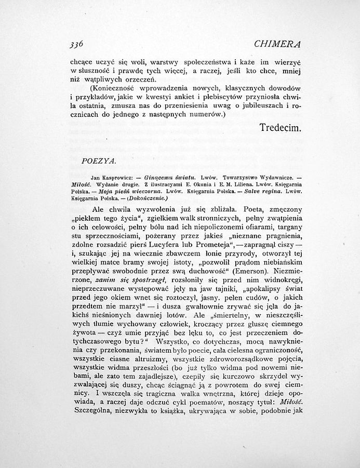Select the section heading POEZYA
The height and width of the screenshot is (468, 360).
point(95,162)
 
